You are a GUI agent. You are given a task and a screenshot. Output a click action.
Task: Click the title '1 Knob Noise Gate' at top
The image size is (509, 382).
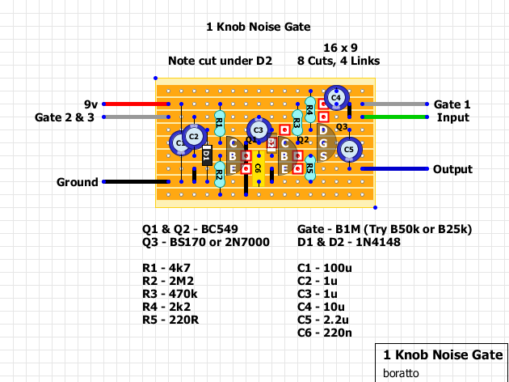coord(259,27)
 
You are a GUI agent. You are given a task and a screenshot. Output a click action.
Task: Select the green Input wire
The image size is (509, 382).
coord(396,118)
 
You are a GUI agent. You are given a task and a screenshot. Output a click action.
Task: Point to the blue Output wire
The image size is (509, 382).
coord(395,169)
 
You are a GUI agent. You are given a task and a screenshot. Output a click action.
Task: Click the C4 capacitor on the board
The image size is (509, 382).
coord(336,98)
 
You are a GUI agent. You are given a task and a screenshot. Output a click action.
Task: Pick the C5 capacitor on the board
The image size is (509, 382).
coord(349,150)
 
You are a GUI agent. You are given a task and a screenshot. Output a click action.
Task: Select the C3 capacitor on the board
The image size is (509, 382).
coord(259,129)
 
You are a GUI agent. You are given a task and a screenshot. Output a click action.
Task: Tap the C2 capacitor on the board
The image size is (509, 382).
coord(194,137)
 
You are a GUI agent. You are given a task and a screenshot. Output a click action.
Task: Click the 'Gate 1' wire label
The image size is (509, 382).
coord(452,104)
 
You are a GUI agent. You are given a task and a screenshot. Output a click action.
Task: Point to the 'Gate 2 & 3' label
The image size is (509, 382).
coord(65,117)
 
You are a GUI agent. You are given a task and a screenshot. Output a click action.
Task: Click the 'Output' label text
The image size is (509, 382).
coord(452,169)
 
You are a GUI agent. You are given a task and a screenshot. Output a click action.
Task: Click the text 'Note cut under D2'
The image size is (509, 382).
coord(221,61)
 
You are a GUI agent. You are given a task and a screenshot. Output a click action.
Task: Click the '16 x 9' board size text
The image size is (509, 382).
coord(340,48)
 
